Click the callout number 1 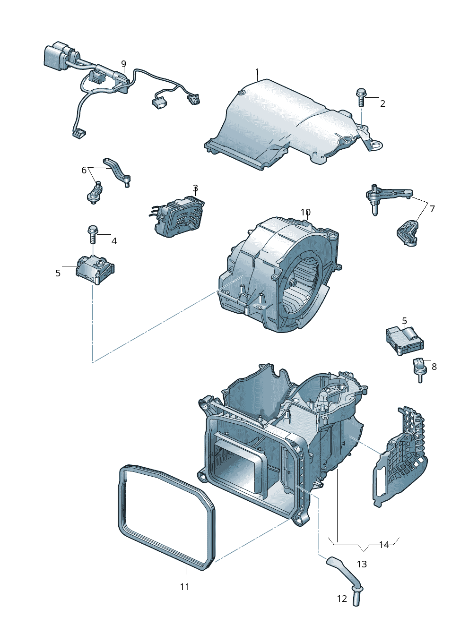tap(257, 72)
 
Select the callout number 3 tap(195, 188)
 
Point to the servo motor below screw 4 tap(95, 270)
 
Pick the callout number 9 tap(124, 64)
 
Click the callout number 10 tap(305, 212)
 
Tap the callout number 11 tap(184, 587)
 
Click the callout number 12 tap(342, 599)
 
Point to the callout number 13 tap(362, 564)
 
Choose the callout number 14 tap(384, 545)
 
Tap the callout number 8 tap(434, 367)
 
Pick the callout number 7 tap(432, 208)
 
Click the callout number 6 tap(84, 170)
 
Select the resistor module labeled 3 tap(180, 217)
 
